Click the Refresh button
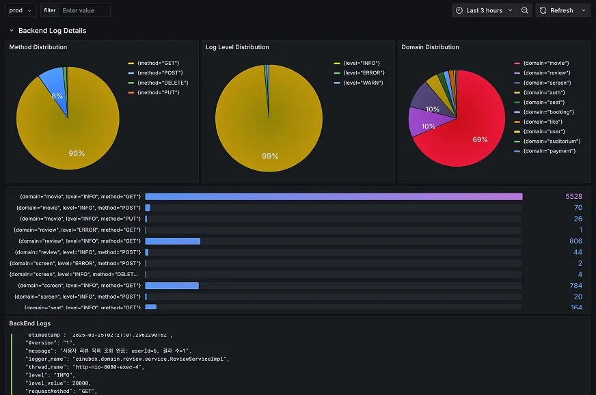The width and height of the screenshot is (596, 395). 556,10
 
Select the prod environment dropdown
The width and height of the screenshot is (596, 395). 21,10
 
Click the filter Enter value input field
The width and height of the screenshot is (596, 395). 84,10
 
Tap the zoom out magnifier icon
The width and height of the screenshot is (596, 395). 524,10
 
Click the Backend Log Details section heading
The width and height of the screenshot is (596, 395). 52,31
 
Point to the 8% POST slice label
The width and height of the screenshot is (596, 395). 57,96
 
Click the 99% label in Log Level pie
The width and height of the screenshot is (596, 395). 270,156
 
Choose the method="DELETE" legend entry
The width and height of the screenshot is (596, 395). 162,83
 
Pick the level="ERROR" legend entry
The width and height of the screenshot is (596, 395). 364,73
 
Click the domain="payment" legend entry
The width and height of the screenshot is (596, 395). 549,151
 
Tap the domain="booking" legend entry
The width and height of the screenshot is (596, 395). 548,112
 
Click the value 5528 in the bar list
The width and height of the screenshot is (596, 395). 573,197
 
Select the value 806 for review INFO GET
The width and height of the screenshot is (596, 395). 575,241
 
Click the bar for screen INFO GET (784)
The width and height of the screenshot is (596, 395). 172,286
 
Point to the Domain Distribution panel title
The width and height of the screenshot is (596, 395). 430,47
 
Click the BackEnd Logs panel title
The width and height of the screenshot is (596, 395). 29,323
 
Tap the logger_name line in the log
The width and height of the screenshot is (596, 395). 126,359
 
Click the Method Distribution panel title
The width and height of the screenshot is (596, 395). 38,47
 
